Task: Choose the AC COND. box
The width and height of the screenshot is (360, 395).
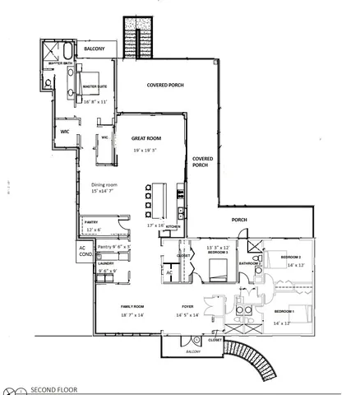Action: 83,251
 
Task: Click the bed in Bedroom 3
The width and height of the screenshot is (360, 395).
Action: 218,270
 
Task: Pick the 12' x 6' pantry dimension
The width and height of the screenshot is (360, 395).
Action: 94,230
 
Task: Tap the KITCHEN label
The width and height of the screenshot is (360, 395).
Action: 173,226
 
